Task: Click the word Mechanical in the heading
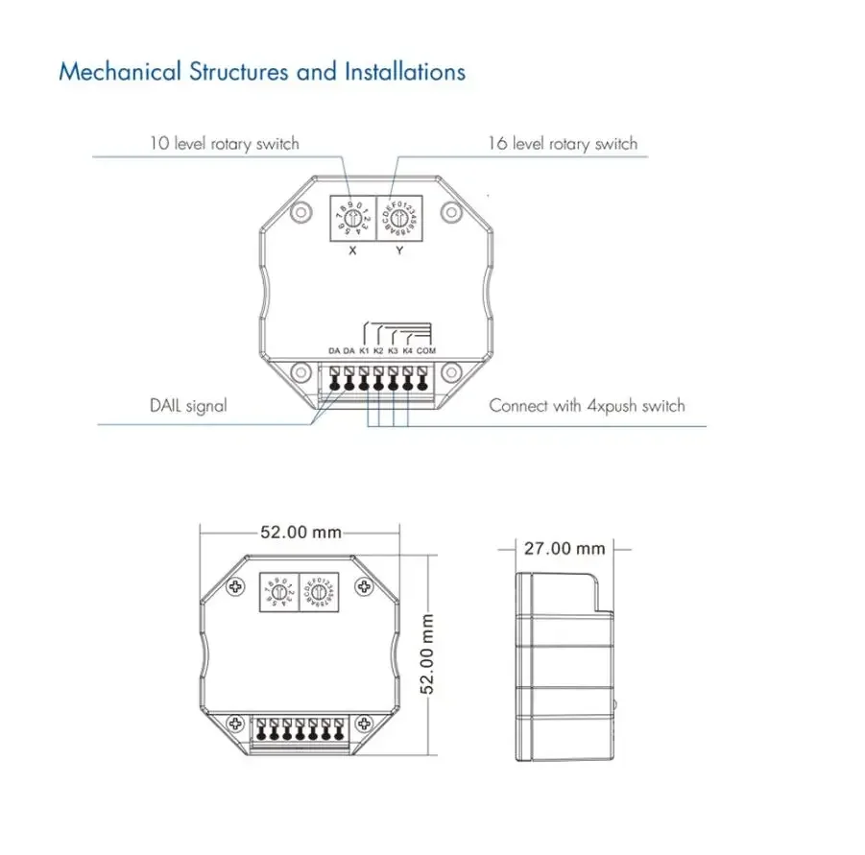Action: (x=106, y=72)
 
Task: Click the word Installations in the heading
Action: (x=405, y=72)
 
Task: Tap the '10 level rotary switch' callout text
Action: (x=224, y=144)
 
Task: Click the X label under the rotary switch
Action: (x=352, y=250)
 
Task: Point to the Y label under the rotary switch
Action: (x=399, y=250)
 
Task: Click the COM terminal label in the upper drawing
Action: (x=426, y=351)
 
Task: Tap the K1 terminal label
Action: (x=365, y=351)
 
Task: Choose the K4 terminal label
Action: (x=408, y=351)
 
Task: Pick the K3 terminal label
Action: (x=394, y=351)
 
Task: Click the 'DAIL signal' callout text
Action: (x=187, y=406)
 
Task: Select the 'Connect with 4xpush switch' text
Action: (x=587, y=406)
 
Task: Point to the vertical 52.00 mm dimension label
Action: (x=430, y=653)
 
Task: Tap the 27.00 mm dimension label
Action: (x=565, y=548)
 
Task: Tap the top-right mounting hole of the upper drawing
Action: (x=447, y=212)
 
